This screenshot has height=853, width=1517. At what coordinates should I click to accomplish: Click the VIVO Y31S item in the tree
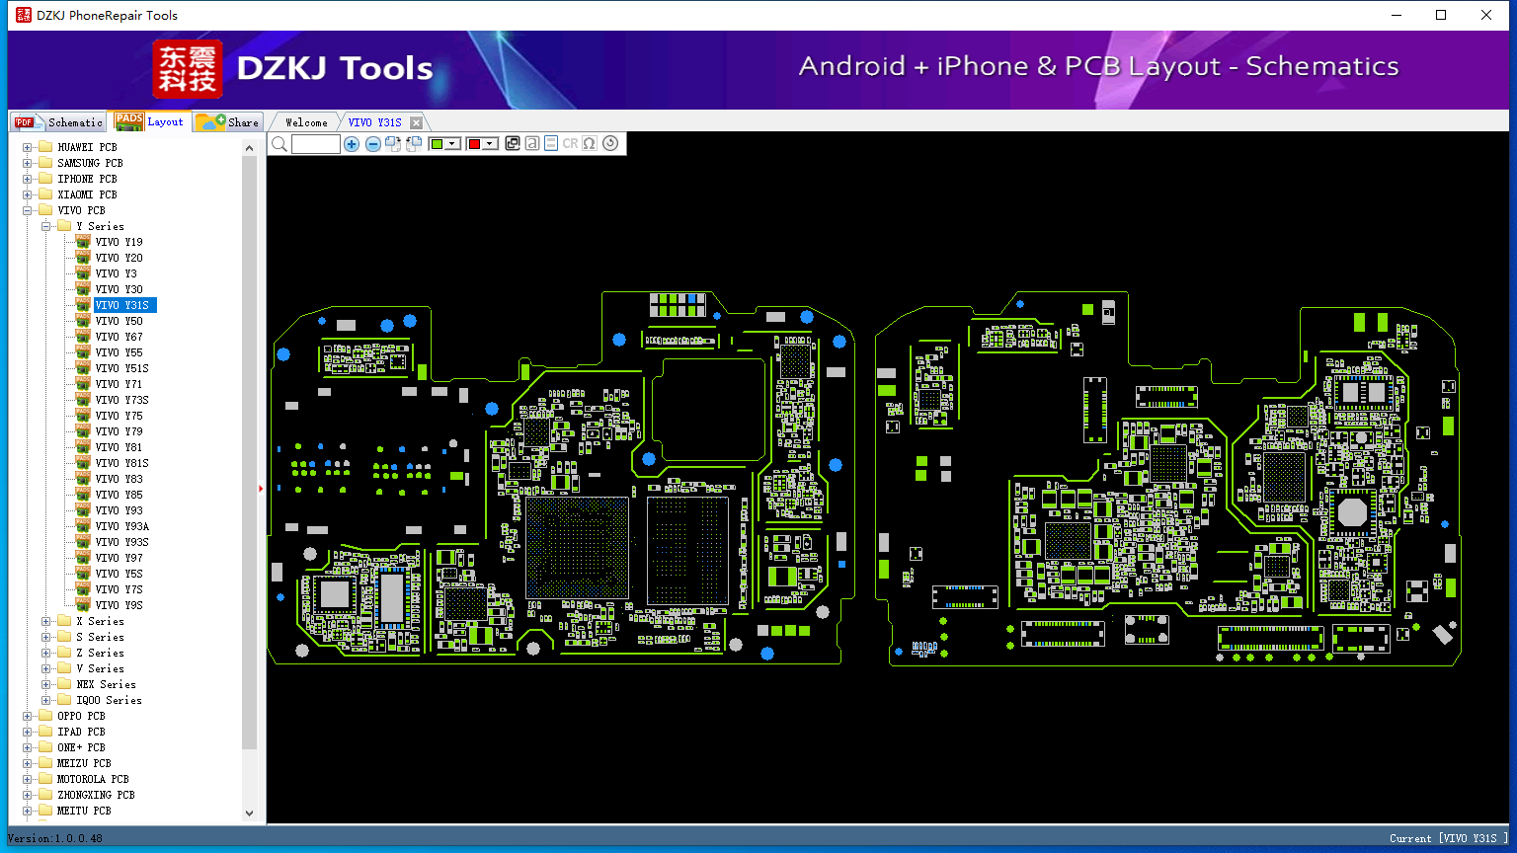121,305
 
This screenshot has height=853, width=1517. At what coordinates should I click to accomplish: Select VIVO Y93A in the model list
121,526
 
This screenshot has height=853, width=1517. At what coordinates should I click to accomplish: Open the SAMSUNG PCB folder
90,163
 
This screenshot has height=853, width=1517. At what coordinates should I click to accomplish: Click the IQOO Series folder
109,700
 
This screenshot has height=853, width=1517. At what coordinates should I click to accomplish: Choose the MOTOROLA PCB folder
93,779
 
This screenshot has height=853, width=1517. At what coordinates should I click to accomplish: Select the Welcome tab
306,122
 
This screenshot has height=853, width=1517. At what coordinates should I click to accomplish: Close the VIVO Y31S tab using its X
417,122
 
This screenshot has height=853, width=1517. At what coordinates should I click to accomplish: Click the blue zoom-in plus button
352,144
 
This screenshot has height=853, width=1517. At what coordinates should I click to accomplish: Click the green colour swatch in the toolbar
437,144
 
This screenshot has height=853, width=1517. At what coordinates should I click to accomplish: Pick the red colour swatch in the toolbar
474,144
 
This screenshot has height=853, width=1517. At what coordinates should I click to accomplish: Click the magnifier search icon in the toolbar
279,143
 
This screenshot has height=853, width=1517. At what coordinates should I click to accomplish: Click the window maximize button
1441,15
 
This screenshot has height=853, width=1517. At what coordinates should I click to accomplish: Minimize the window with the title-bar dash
1397,15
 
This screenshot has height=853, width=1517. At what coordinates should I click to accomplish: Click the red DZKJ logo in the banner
188,68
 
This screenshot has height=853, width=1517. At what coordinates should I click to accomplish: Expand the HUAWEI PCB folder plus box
27,147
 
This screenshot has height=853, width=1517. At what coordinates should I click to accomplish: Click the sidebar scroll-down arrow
249,814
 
